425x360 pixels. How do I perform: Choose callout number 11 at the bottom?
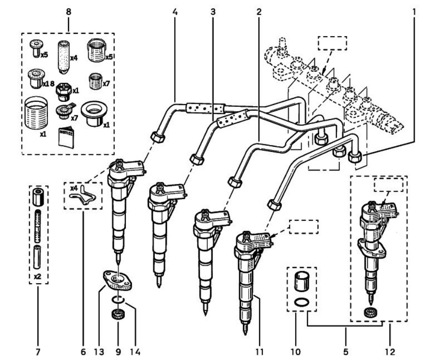click(x=257, y=350)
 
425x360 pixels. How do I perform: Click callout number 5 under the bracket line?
click(x=346, y=350)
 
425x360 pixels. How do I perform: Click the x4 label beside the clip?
click(x=73, y=188)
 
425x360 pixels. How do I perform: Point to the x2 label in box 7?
click(x=38, y=277)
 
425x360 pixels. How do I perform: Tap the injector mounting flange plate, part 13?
click(x=117, y=281)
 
